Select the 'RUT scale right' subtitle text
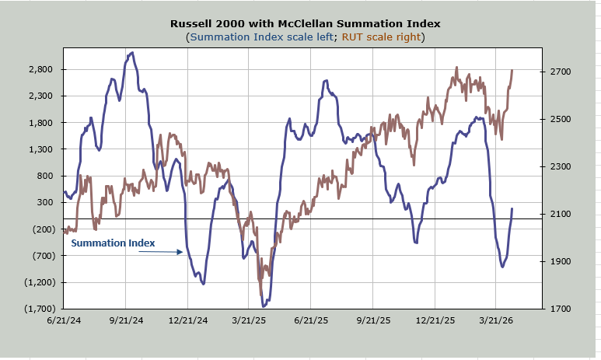coord(381,37)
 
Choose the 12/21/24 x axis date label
coord(188,320)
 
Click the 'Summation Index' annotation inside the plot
coord(113,243)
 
